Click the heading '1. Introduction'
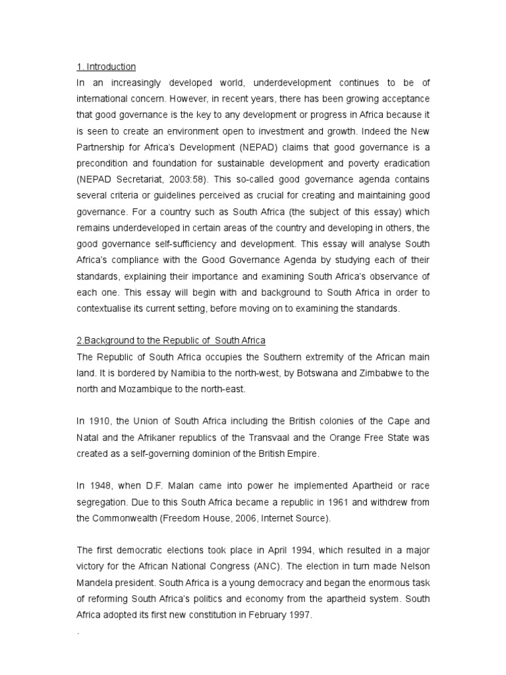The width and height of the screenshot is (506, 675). click(106, 67)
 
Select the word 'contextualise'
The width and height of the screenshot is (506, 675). click(105, 308)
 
